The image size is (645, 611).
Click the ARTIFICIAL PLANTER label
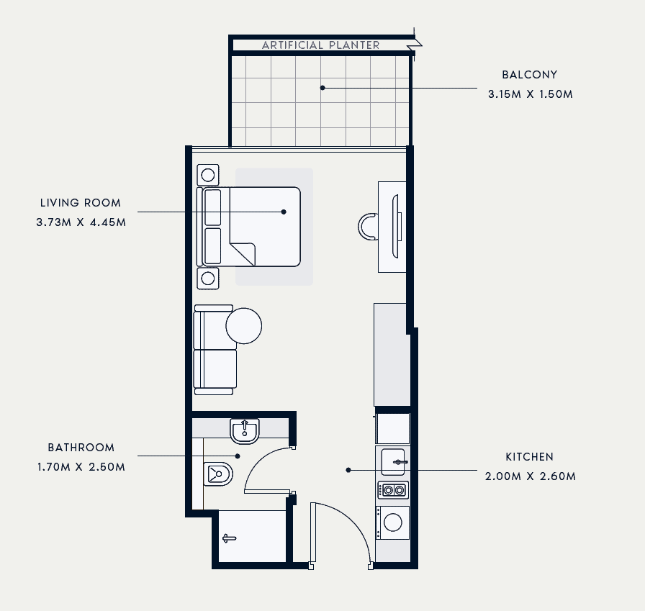pos(321,45)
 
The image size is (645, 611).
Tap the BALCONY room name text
pos(530,75)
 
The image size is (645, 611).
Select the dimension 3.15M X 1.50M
pos(531,94)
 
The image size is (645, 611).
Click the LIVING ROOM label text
pos(81,203)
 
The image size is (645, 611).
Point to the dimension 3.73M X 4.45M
pos(81,222)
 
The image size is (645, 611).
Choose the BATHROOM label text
pos(81,448)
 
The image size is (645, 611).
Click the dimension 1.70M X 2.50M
pos(81,467)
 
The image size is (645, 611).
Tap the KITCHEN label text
pos(530,457)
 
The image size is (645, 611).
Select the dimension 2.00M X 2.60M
pos(531,476)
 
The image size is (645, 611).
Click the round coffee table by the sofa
pos(244,325)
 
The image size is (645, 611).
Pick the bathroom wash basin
pos(245,431)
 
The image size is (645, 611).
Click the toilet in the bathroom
pos(218,474)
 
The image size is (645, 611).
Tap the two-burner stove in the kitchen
pos(393,490)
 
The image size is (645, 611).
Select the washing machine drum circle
pos(393,522)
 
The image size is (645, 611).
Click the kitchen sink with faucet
pos(394,462)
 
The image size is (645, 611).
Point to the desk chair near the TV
pos(367,227)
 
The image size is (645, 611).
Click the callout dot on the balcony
pos(322,88)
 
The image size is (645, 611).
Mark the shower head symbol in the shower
pos(229,538)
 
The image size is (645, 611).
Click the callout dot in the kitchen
pos(348,470)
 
